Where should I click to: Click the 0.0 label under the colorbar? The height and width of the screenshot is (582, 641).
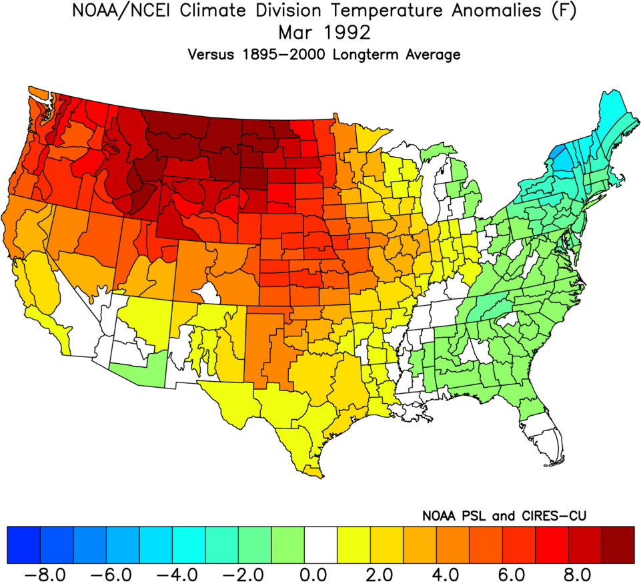(x=320, y=573)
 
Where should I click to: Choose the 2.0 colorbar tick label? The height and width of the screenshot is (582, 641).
(x=386, y=573)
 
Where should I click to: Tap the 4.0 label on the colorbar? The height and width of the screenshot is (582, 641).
(x=452, y=573)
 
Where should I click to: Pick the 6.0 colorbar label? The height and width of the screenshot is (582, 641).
(x=518, y=573)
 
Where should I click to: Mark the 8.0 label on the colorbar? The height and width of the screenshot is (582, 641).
(x=584, y=573)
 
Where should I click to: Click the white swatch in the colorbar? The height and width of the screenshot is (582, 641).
(x=321, y=545)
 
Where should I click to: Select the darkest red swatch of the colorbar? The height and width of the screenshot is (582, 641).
(x=618, y=545)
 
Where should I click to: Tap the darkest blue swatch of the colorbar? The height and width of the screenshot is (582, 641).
(x=23, y=545)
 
